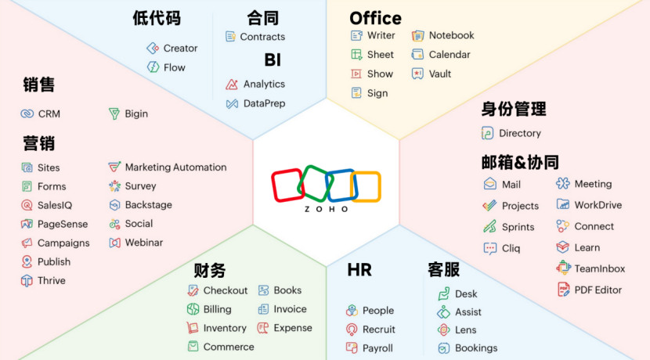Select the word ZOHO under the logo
tap(327, 209)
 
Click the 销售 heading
tap(38, 85)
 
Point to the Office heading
tap(376, 18)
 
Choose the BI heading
tap(273, 59)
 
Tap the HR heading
tap(359, 270)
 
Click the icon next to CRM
tap(27, 113)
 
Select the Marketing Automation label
tap(175, 167)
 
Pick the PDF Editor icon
tap(563, 290)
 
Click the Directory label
tap(520, 133)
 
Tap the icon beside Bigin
tap(114, 113)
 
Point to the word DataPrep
tap(264, 103)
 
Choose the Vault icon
tap(417, 74)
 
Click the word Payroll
tap(377, 348)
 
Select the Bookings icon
tap(443, 348)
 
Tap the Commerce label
tap(229, 347)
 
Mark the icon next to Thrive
tap(27, 280)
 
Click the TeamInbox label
tap(599, 268)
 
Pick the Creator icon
tap(153, 48)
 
